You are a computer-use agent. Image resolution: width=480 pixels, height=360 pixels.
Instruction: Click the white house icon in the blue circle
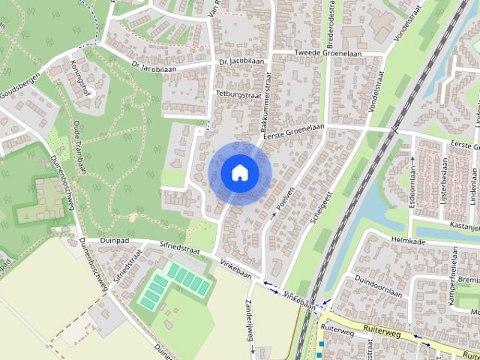[239, 172]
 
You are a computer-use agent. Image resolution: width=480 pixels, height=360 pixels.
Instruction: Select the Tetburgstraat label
[236, 94]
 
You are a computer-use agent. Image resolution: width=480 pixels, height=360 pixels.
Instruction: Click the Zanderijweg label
[250, 326]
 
